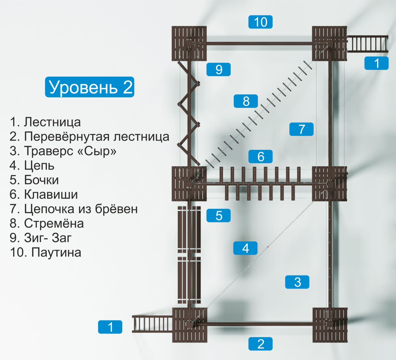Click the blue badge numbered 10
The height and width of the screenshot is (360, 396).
click(260, 22)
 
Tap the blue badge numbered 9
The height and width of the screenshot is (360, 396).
click(219, 69)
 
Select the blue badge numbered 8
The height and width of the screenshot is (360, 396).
click(246, 101)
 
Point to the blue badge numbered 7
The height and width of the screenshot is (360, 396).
click(301, 129)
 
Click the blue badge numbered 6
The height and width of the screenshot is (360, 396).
click(260, 156)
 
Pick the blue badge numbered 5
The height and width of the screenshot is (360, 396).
click(219, 216)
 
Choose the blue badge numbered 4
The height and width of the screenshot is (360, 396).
click(245, 248)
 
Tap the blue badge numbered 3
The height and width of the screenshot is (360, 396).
click(297, 282)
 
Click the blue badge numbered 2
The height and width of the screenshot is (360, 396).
click(260, 344)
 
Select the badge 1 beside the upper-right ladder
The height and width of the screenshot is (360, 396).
click(376, 63)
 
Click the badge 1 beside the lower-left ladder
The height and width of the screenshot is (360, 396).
click(110, 327)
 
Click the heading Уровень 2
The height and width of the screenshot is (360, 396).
click(90, 87)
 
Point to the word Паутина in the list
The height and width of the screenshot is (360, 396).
click(56, 252)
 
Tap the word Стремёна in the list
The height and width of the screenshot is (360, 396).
click(54, 223)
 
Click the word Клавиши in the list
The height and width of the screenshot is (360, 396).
click(51, 195)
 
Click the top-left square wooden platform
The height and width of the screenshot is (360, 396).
click(189, 44)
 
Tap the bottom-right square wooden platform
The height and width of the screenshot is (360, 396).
click(330, 325)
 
